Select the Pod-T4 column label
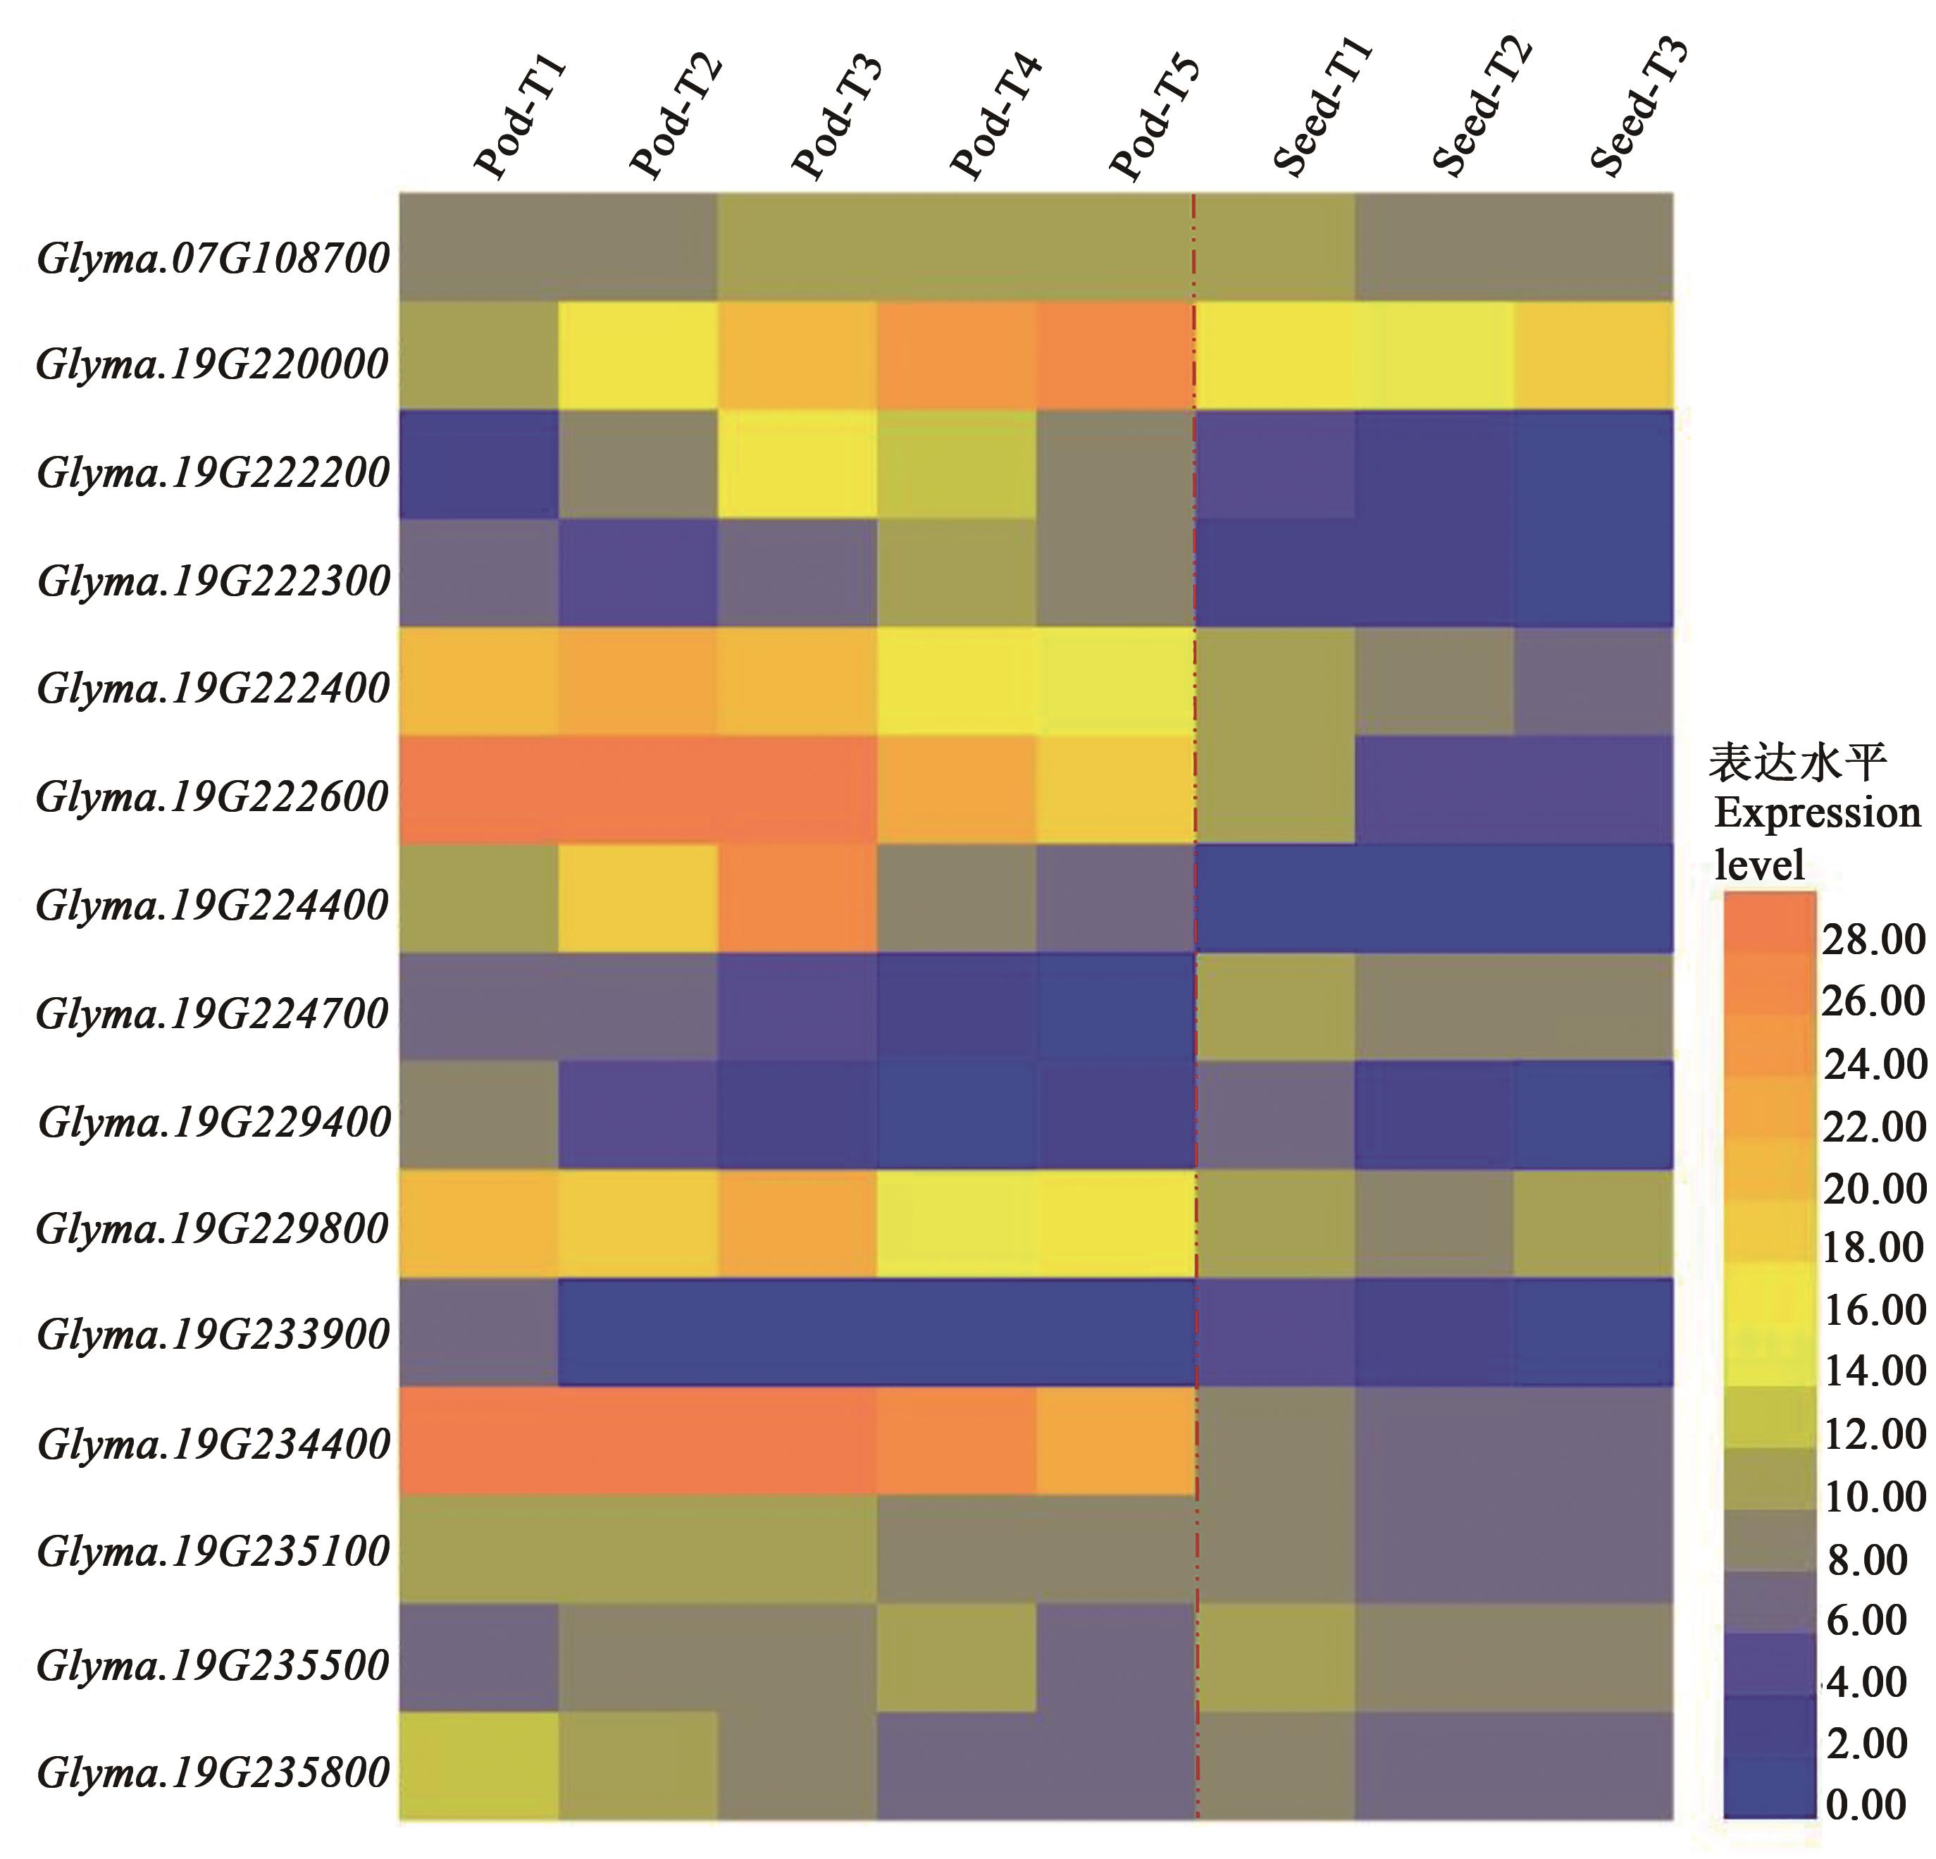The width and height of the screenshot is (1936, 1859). click(995, 118)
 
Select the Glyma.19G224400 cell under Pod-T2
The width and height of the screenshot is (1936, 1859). click(638, 898)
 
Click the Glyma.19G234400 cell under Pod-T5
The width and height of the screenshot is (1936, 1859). click(1115, 1441)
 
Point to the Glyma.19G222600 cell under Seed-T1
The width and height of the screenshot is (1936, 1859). click(1275, 789)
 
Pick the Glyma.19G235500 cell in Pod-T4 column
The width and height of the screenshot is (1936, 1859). click(956, 1657)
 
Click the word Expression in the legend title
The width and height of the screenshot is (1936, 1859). click(1816, 814)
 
